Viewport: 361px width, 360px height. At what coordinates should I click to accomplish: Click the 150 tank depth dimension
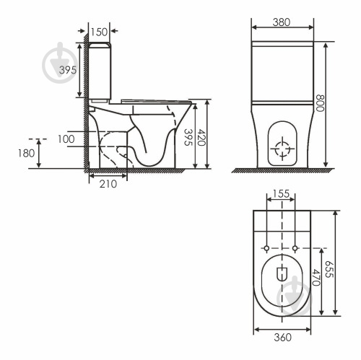click(x=99, y=32)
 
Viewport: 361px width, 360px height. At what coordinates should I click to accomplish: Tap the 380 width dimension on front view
click(x=282, y=22)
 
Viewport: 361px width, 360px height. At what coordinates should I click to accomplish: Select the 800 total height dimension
click(x=320, y=103)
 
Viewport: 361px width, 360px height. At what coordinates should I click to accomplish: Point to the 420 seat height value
click(x=201, y=138)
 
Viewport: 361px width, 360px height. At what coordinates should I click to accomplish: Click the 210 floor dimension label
click(x=108, y=184)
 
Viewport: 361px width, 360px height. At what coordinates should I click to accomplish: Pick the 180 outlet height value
click(x=27, y=153)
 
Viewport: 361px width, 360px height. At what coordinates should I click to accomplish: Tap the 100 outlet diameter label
click(x=66, y=139)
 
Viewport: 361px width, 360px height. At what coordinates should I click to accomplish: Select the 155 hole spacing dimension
click(x=281, y=193)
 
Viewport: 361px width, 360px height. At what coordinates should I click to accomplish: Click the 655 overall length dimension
click(x=329, y=269)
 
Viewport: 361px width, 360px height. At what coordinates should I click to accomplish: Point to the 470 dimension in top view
click(x=316, y=277)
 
